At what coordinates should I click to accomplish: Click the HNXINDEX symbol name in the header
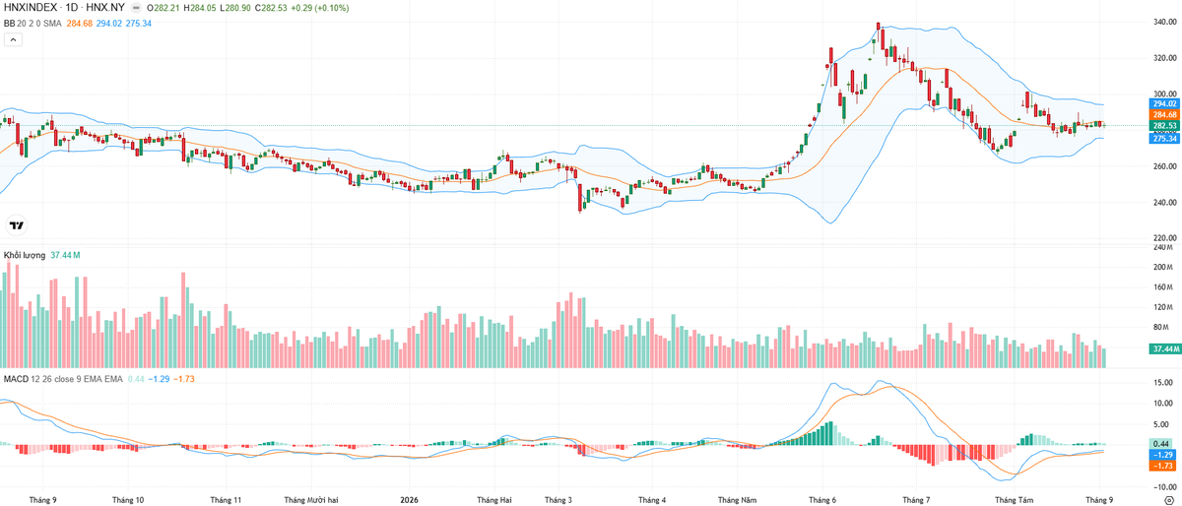[31, 8]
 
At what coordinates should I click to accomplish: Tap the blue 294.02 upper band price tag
[1164, 104]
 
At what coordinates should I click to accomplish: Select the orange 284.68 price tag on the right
[1164, 114]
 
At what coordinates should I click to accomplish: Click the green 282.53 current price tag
[1164, 126]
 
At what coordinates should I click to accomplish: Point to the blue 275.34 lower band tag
[1164, 139]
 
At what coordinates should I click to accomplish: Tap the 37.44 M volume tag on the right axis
[1164, 348]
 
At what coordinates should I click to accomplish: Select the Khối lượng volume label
[25, 255]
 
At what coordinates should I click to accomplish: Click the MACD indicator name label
[16, 379]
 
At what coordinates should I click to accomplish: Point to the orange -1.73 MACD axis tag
[1163, 466]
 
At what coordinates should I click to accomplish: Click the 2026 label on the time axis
[409, 500]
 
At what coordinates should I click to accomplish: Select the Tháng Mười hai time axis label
[311, 500]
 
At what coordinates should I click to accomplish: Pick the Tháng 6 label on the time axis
[822, 500]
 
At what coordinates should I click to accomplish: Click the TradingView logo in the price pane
[17, 225]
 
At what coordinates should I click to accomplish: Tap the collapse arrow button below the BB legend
[13, 39]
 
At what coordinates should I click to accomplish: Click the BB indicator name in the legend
[9, 24]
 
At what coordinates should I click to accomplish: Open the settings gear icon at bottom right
[1169, 500]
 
